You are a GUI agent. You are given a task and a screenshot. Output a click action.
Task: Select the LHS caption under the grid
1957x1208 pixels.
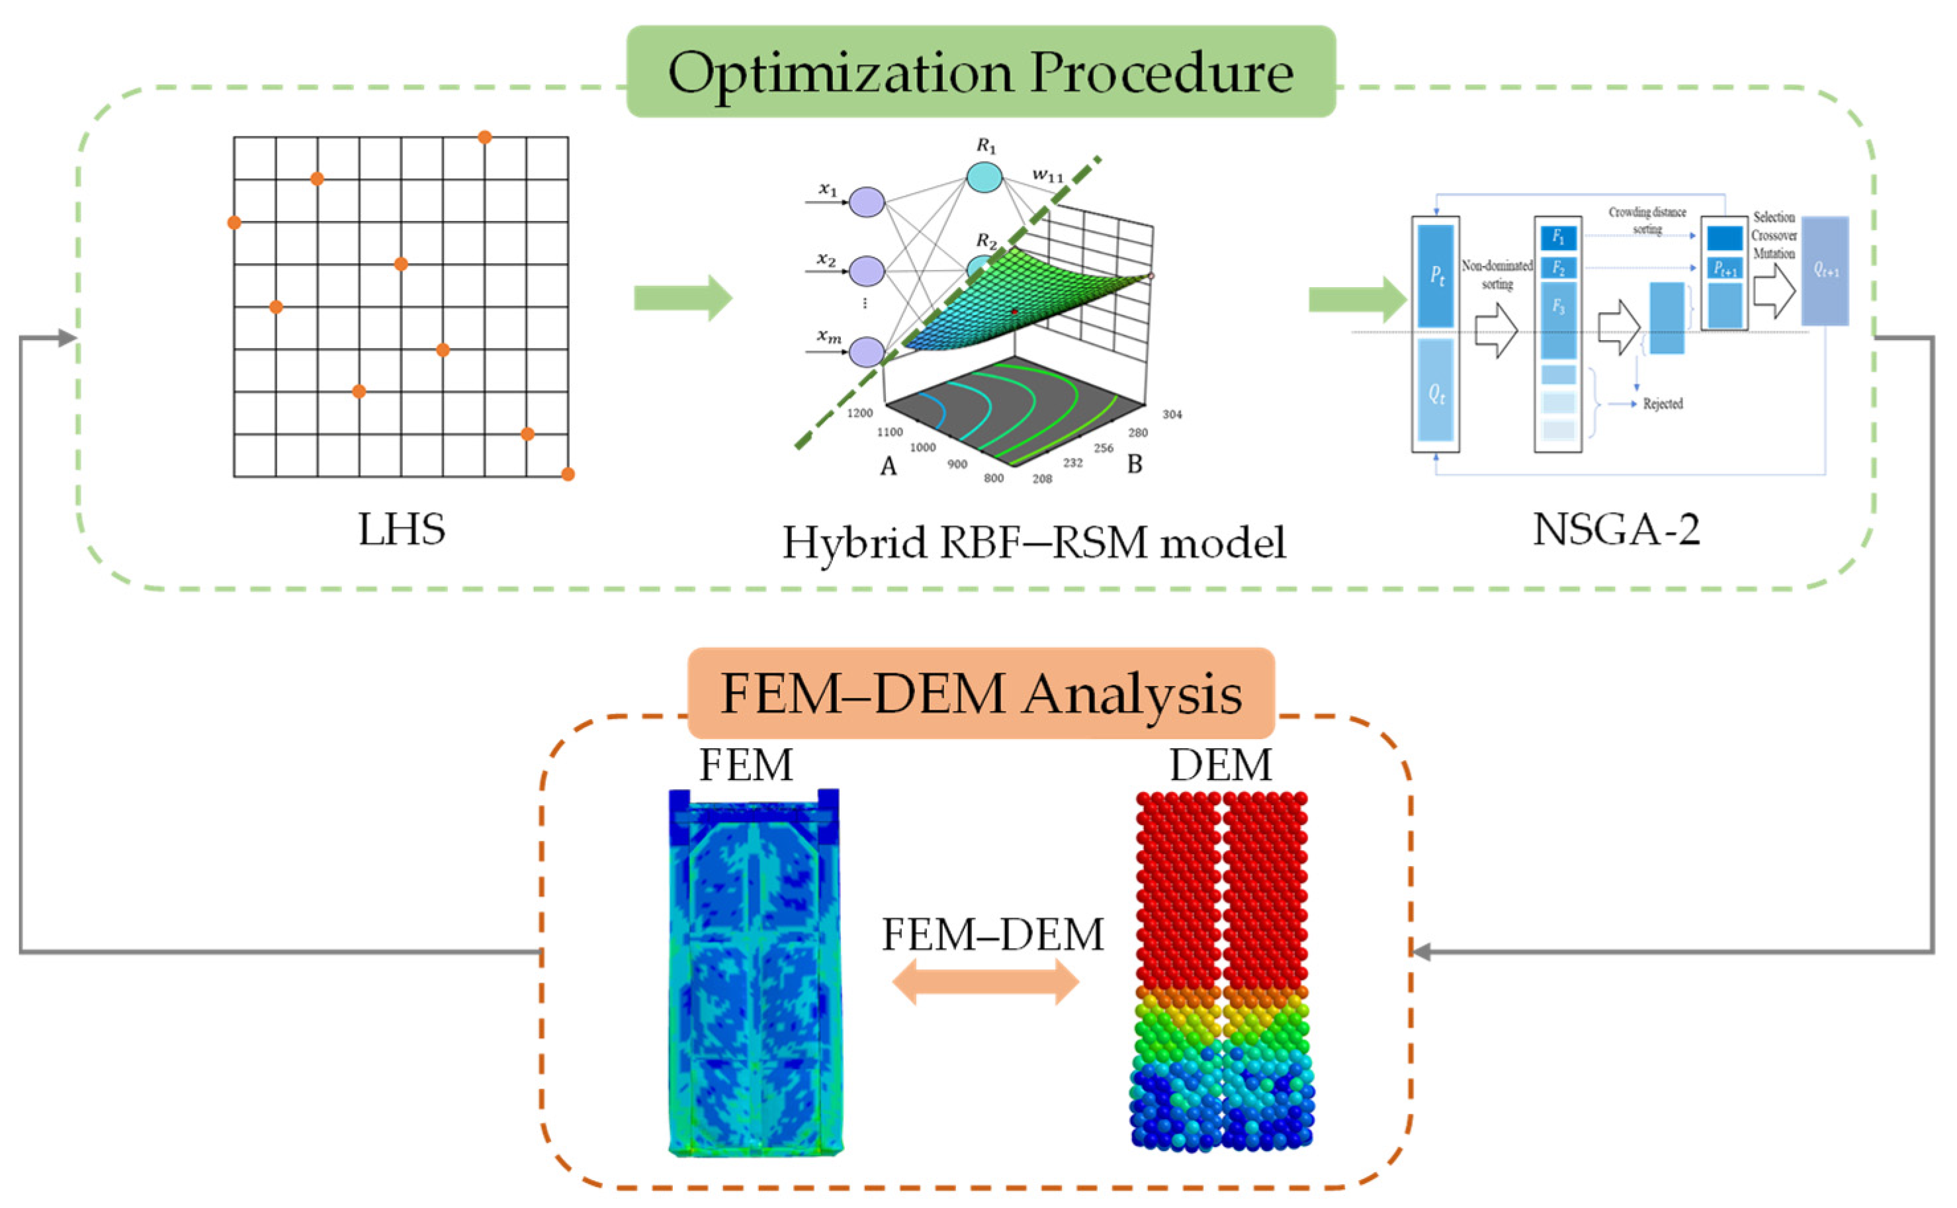pos(401,529)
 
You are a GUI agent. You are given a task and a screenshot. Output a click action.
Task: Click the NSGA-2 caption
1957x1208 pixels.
pos(1615,529)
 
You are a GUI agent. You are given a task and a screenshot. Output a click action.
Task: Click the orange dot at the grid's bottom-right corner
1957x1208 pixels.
pos(568,474)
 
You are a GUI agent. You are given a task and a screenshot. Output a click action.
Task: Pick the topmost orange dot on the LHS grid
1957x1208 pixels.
pos(484,138)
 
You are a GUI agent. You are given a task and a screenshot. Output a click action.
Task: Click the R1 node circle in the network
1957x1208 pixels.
pos(984,177)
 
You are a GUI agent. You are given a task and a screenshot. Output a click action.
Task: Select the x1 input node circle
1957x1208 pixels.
pos(866,202)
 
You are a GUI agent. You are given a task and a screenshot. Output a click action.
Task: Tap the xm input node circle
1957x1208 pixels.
pos(866,351)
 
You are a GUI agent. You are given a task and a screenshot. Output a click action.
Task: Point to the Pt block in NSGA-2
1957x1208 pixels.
pos(1436,276)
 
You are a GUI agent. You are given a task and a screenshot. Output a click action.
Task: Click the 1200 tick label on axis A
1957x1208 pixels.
pos(859,413)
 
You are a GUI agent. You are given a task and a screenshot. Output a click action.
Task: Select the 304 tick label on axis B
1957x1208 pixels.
pos(1172,414)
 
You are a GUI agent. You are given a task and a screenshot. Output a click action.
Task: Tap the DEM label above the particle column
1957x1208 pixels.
pos(1220,765)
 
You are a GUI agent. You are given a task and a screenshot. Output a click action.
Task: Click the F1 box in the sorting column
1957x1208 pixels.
pos(1557,237)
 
